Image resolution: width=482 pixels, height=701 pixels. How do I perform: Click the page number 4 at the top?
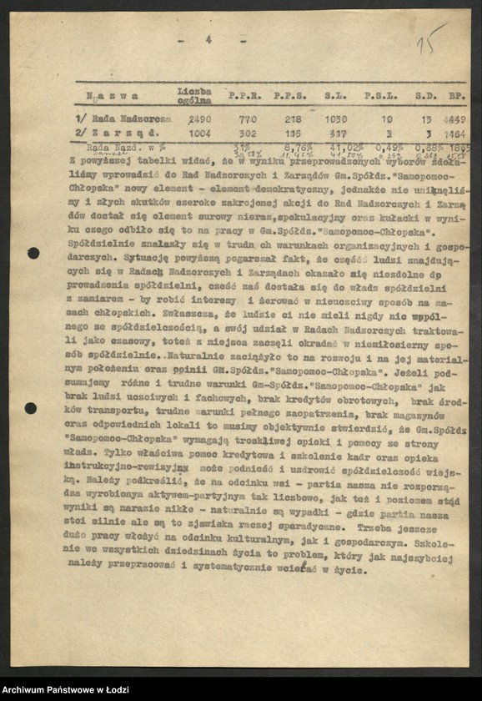208,38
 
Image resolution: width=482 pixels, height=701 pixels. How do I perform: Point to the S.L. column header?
336,97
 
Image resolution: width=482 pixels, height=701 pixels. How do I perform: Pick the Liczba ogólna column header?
193,95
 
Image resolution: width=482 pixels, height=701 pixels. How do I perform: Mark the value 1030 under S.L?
335,119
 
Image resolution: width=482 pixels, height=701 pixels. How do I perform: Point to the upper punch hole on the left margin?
33,253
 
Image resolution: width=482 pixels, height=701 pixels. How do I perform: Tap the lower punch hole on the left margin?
31,408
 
